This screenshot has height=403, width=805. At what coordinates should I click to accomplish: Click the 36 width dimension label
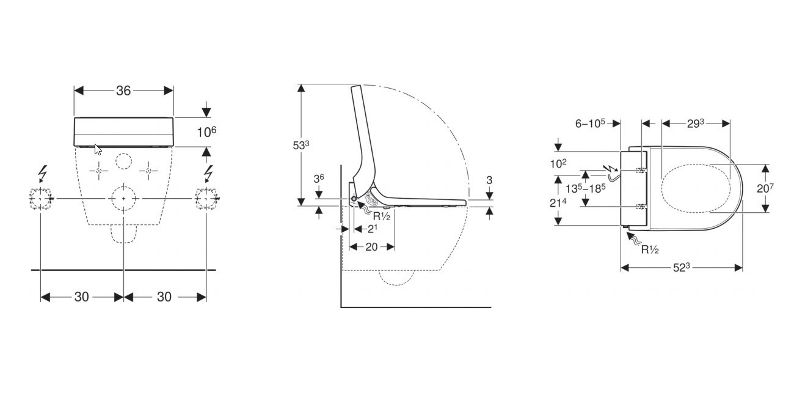[x=123, y=91]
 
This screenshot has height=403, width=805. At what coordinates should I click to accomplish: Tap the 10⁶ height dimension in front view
[x=206, y=131]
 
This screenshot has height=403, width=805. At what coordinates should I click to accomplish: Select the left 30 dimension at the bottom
[x=82, y=297]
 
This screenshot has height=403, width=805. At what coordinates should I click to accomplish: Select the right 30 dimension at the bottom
[x=164, y=297]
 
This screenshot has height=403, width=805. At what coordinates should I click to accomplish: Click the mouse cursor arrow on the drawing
[x=98, y=149]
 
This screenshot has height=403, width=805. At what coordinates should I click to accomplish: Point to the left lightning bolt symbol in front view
[x=42, y=174]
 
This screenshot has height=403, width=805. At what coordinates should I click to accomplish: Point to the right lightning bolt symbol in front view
[x=208, y=174]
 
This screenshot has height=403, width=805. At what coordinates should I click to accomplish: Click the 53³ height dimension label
[x=301, y=145]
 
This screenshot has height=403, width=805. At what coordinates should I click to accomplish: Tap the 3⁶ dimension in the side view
[x=319, y=179]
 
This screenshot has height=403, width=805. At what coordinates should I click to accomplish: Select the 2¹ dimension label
[x=373, y=229]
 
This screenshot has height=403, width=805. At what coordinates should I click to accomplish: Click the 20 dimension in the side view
[x=371, y=247]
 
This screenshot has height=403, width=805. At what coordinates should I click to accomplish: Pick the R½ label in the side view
[x=382, y=216]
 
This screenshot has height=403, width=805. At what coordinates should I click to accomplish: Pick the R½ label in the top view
[x=650, y=250]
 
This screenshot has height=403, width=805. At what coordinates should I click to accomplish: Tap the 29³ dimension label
[x=696, y=124]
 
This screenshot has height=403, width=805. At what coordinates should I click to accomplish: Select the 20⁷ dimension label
[x=765, y=188]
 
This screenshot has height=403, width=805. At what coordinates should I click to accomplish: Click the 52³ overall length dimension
[x=682, y=268]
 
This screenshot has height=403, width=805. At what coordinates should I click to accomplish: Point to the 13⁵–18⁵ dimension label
[x=585, y=188]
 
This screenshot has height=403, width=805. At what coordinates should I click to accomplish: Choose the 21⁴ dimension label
[x=558, y=203]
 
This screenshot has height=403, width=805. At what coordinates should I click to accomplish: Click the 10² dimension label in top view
[x=558, y=164]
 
